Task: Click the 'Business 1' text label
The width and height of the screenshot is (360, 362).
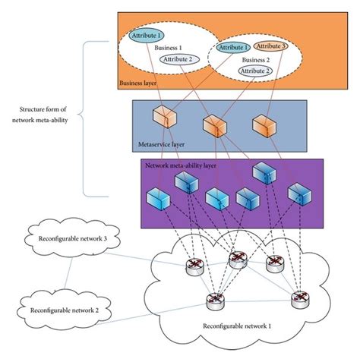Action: point(169,46)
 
